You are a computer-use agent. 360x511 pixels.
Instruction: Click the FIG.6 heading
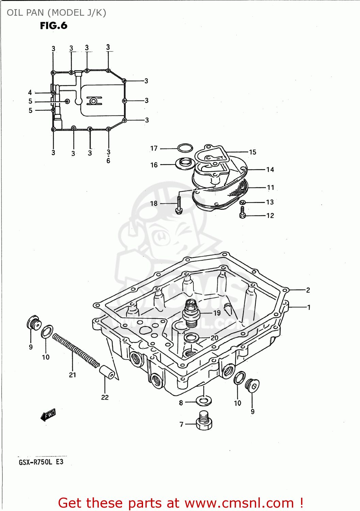point(53,26)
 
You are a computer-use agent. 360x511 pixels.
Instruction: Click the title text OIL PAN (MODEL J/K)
point(57,13)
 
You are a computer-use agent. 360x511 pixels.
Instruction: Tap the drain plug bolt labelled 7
point(204,421)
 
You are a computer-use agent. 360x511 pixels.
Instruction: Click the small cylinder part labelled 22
point(107,372)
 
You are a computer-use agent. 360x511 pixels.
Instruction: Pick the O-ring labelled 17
point(185,148)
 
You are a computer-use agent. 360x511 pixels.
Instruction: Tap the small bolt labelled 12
point(242,213)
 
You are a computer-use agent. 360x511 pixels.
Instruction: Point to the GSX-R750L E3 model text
point(41,462)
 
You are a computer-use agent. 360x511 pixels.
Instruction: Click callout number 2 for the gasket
point(308,290)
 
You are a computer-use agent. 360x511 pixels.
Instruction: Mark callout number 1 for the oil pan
point(309,307)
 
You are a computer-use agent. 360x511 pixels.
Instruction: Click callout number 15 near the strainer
point(252,152)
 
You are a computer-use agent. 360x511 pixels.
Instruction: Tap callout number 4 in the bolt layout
point(30,93)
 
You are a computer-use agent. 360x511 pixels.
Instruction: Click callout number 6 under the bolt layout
point(108,160)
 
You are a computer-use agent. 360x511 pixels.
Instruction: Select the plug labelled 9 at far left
point(34,323)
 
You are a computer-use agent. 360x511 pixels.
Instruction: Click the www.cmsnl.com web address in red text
point(239,503)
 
